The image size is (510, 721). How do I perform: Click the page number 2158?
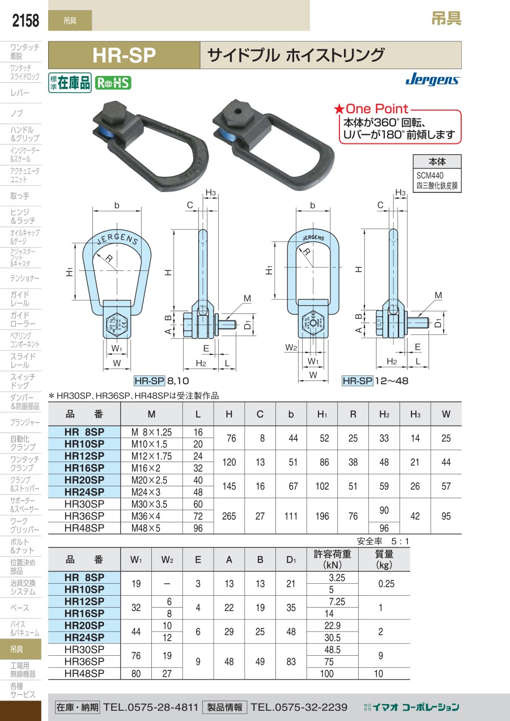tap(25, 20)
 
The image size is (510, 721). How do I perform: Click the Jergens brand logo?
tap(433, 79)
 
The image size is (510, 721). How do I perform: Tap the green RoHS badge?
tap(113, 83)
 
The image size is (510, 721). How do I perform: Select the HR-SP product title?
tap(124, 55)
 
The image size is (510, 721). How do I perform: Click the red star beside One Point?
tap(339, 109)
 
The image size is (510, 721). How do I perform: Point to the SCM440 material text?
tap(430, 175)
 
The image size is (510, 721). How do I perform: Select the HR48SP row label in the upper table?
tap(84, 528)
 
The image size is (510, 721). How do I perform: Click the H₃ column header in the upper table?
tap(415, 414)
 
